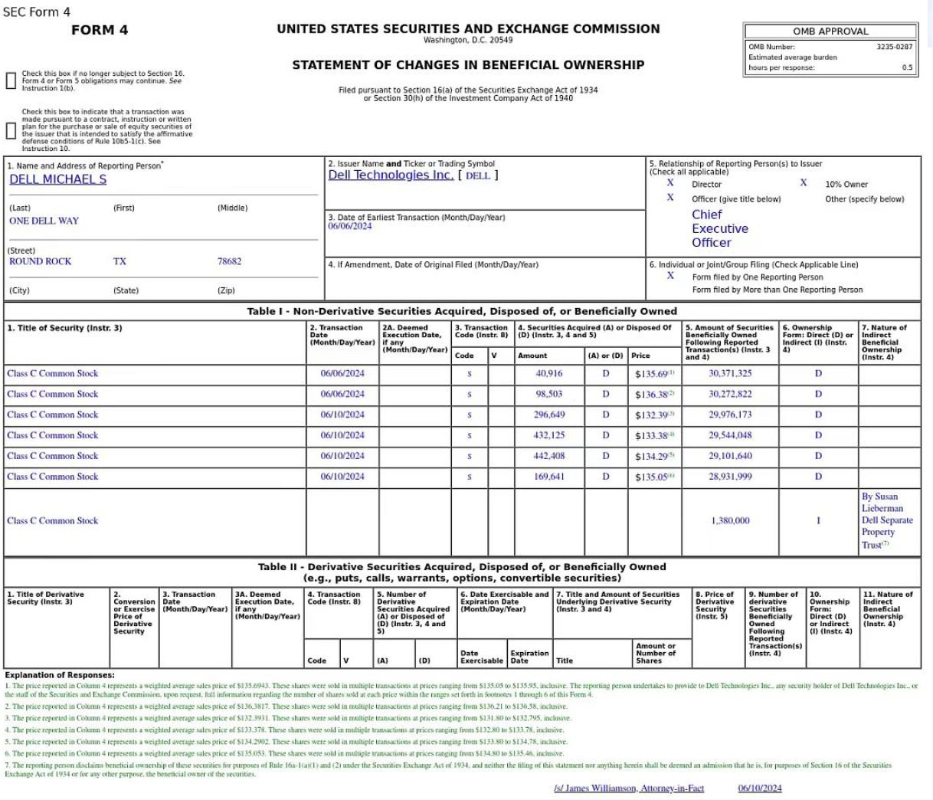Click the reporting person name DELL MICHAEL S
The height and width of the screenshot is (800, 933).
58,179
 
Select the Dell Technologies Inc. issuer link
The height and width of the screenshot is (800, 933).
391,175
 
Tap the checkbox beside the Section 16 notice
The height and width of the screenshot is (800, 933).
11,80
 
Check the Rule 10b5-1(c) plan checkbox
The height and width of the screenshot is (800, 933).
11,130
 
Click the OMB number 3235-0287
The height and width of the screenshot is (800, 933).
894,47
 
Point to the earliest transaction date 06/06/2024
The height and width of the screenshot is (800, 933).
350,227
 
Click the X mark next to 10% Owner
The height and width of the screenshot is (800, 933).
804,183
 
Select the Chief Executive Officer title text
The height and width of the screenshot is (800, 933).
719,228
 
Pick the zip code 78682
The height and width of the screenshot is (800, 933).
229,261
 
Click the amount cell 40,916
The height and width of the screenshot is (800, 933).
548,374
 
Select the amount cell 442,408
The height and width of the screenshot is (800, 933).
548,456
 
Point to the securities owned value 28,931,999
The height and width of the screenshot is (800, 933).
730,477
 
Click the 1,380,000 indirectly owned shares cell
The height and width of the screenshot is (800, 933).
730,520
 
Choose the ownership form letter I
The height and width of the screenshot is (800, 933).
818,520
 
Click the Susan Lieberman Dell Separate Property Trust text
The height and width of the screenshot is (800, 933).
887,520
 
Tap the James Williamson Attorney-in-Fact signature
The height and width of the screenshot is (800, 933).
628,788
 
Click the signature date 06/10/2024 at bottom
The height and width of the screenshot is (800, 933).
760,788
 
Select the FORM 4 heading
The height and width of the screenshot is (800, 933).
100,30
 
